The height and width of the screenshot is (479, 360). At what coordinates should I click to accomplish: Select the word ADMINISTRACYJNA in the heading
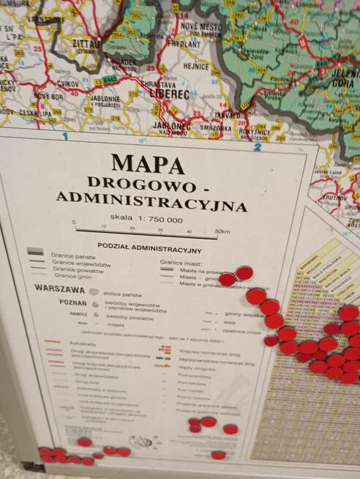[x=151, y=201]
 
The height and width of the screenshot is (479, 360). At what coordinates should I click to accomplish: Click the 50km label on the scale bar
[x=221, y=232]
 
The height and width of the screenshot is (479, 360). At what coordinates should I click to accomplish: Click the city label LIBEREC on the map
[x=169, y=94]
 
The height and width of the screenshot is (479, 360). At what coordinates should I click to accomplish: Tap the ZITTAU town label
[x=86, y=44]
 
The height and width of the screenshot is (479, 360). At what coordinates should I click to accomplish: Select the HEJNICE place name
[x=196, y=66]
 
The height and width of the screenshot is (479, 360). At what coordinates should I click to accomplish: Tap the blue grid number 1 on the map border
[x=65, y=135]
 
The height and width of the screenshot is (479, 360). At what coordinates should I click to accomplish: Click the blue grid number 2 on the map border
[x=257, y=146]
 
